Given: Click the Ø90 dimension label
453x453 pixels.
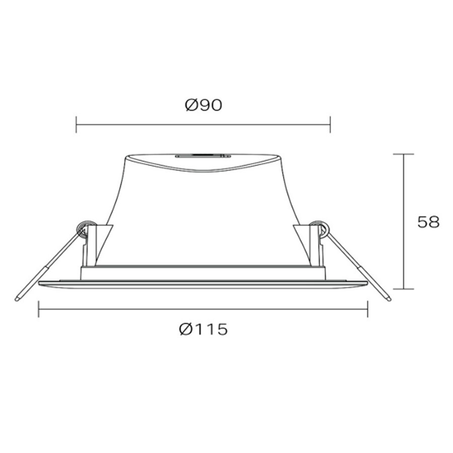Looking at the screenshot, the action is (x=203, y=105).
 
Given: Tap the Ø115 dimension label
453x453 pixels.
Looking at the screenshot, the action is (x=203, y=329).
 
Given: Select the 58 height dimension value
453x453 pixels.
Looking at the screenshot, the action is (x=428, y=222).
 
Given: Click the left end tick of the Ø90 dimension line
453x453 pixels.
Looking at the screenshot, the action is (x=77, y=124).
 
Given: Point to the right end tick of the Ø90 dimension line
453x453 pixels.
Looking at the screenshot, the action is (x=330, y=124).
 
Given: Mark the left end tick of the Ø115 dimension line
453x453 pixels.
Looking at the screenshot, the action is (x=39, y=309).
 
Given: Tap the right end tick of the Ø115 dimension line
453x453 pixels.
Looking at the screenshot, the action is (x=367, y=309).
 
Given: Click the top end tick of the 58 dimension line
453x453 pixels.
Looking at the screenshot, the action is (x=404, y=155).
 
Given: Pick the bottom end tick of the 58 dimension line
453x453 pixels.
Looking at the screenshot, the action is (x=404, y=288).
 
